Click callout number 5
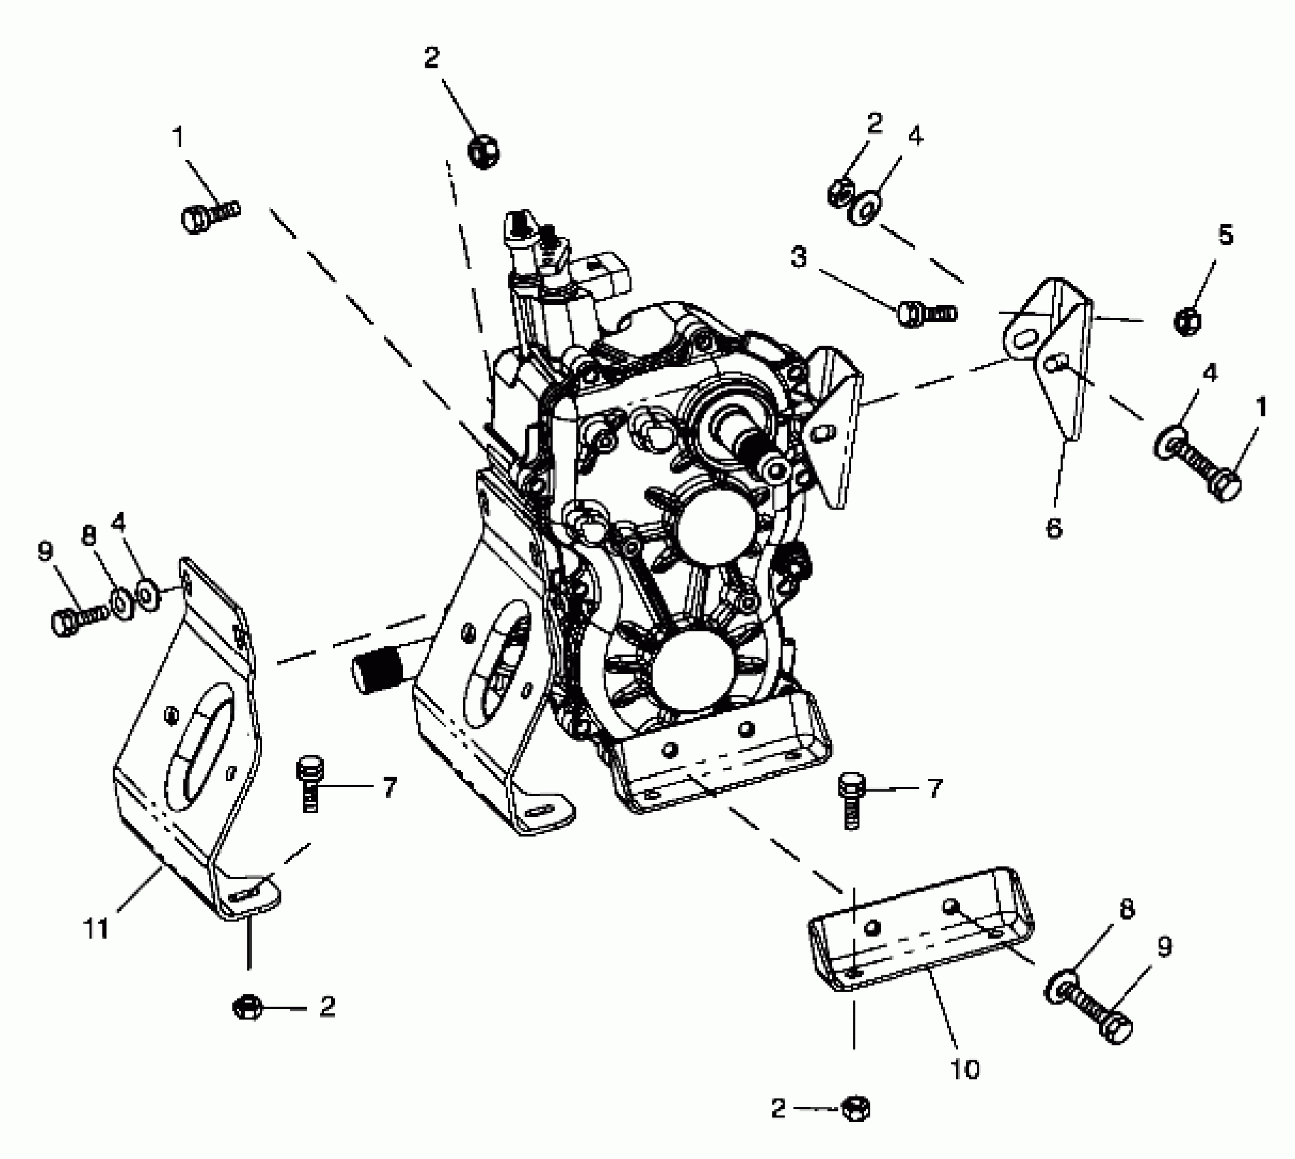[1225, 236]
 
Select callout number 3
[799, 258]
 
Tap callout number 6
[1054, 528]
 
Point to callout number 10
[964, 1069]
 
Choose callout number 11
[96, 929]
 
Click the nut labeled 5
[1188, 320]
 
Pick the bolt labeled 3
[927, 314]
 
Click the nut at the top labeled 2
[483, 151]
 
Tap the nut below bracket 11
[248, 1007]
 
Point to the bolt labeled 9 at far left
[78, 619]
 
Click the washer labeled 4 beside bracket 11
[147, 594]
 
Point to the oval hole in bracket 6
[1023, 340]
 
